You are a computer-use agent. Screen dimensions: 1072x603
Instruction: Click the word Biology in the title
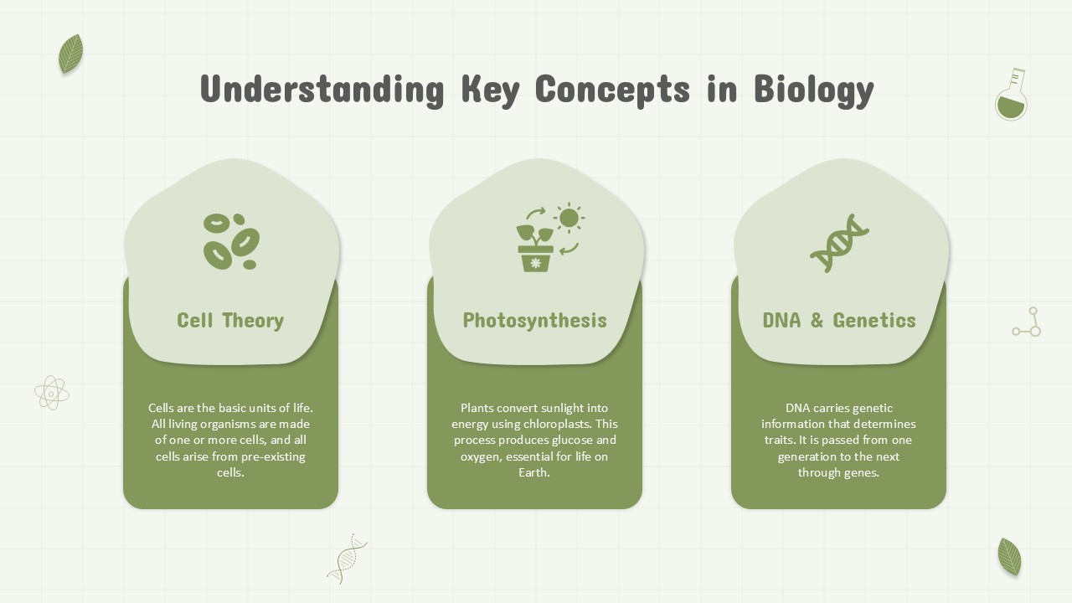814,90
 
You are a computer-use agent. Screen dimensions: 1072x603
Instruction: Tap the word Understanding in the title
322,90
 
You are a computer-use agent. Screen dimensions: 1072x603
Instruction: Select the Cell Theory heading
230,321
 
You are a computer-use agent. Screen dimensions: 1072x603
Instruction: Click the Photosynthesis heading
534,321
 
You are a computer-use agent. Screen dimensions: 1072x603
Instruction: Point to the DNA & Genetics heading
839,321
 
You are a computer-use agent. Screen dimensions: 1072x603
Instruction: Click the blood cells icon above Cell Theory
231,241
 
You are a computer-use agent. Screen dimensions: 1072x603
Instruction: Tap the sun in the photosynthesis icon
569,219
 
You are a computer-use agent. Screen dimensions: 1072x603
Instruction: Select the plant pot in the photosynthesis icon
535,259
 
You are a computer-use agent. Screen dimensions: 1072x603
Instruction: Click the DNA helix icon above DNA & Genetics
839,243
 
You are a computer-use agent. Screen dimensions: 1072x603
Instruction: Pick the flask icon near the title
1011,95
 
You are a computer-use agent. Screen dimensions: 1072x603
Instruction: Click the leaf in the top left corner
71,54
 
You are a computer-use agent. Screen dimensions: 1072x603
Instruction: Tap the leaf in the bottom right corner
1009,557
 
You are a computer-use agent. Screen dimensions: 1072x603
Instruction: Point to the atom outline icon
52,393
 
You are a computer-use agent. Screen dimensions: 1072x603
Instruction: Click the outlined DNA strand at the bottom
347,559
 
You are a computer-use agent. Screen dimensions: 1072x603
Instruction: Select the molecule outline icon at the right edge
1027,322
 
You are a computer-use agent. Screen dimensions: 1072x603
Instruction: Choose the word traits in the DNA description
778,440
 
